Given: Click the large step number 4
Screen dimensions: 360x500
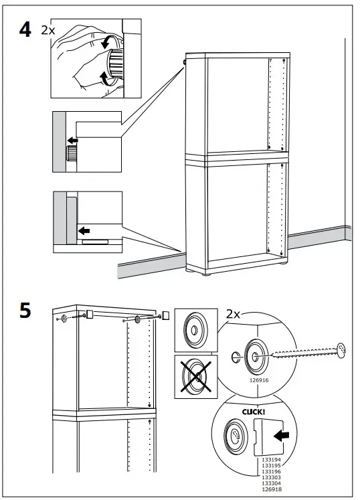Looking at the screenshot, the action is pyautogui.click(x=25, y=30).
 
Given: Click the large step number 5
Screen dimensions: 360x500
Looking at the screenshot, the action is pyautogui.click(x=25, y=311).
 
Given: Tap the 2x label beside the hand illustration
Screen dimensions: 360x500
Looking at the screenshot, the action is pyautogui.click(x=48, y=30).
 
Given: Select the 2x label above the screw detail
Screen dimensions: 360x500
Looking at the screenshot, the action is pyautogui.click(x=233, y=315).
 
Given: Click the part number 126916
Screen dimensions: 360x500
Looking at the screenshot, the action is pyautogui.click(x=259, y=380).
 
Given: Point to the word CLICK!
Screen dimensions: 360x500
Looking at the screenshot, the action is pyautogui.click(x=254, y=412).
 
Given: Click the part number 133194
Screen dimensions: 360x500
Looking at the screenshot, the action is pyautogui.click(x=272, y=460).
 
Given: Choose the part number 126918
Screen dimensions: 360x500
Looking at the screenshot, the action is pyautogui.click(x=272, y=489).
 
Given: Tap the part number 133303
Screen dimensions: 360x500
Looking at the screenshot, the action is pyautogui.click(x=272, y=477).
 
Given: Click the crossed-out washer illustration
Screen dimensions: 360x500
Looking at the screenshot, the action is pyautogui.click(x=196, y=377).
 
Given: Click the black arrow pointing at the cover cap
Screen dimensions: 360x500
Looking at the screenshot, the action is pyautogui.click(x=282, y=436).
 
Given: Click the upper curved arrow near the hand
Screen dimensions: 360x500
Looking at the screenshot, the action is pyautogui.click(x=107, y=42).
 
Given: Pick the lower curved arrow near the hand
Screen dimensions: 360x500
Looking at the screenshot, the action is pyautogui.click(x=105, y=78).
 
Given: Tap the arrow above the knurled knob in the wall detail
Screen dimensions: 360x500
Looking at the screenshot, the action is pyautogui.click(x=73, y=141).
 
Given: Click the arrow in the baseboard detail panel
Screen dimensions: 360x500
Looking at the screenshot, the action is pyautogui.click(x=84, y=230).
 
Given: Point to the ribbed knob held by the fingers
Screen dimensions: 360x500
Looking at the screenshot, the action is pyautogui.click(x=116, y=64).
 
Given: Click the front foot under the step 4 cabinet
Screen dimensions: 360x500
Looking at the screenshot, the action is pyautogui.click(x=206, y=273).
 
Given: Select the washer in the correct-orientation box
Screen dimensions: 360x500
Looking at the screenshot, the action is pyautogui.click(x=195, y=330).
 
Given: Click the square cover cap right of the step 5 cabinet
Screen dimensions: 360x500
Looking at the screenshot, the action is pyautogui.click(x=165, y=315).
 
